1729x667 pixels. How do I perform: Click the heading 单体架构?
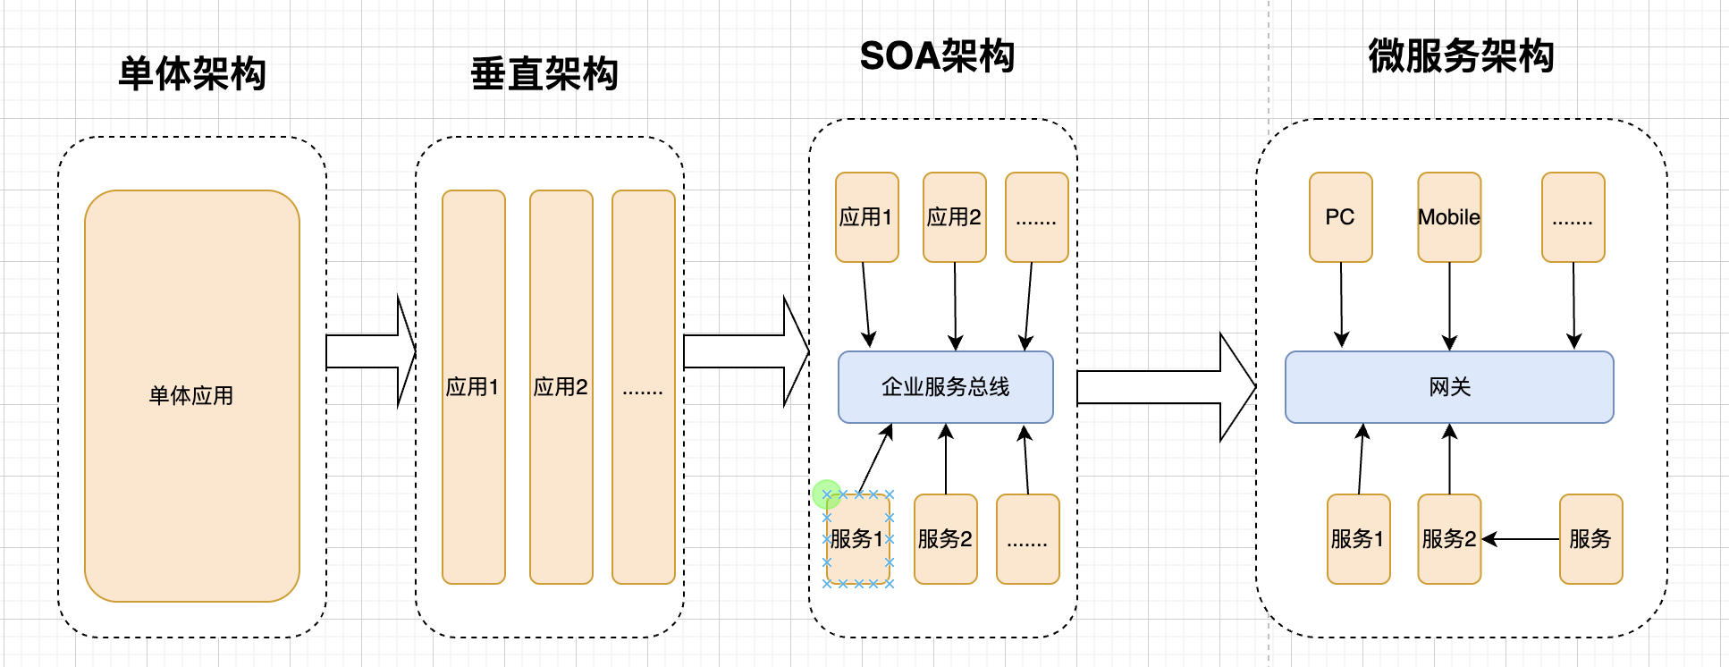192,73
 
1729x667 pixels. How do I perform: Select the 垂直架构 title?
544,73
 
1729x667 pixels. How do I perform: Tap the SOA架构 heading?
937,55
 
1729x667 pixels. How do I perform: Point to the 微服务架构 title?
1461,55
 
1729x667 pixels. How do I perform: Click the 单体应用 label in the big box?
191,395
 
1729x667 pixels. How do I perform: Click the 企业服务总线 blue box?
945,386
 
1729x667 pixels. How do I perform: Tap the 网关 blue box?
1448,386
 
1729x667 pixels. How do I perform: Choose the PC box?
1340,216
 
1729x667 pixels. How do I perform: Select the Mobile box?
1449,216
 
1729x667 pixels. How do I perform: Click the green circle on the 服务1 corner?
826,494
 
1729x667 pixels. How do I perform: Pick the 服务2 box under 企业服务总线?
945,538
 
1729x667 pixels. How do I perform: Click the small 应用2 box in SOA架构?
954,216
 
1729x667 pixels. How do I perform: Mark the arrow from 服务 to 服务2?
1520,539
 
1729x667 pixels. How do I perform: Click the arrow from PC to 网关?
1341,304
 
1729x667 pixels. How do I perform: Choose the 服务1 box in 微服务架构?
1358,538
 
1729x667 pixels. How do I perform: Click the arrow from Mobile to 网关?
1450,304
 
